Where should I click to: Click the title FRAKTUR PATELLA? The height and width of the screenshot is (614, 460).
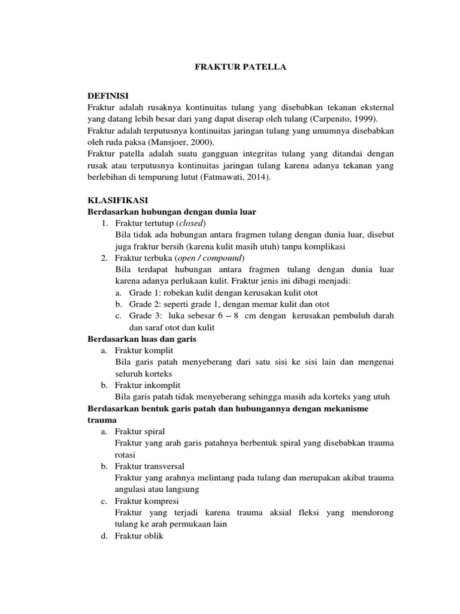[241, 68]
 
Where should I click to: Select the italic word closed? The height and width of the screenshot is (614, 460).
[191, 224]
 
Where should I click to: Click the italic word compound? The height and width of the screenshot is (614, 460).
[225, 258]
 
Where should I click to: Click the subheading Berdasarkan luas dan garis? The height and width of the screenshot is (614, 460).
[142, 339]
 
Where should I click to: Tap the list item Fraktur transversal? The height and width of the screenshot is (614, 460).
[150, 466]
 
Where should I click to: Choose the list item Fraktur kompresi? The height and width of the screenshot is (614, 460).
[147, 501]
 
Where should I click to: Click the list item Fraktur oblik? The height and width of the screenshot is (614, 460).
[139, 536]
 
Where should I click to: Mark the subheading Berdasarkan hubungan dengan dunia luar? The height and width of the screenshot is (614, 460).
[172, 212]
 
